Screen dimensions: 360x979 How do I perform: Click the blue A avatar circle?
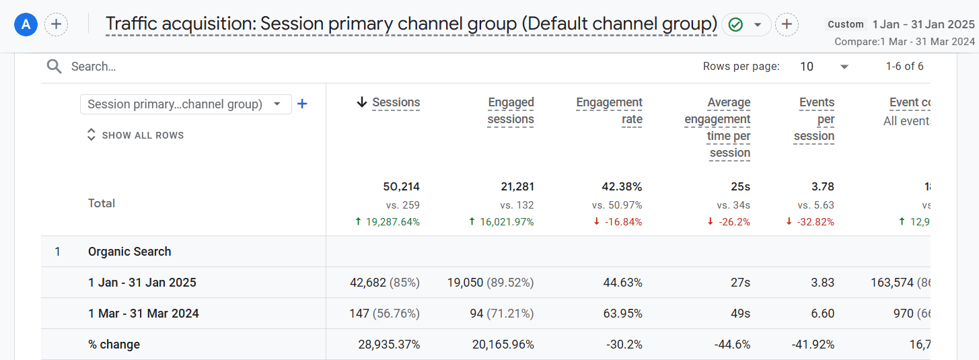click(x=26, y=25)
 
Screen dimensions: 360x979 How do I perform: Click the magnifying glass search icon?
click(x=55, y=67)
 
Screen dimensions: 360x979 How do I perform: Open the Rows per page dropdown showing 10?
click(x=824, y=67)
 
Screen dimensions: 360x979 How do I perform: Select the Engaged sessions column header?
click(x=511, y=111)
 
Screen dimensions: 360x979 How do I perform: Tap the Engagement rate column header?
click(x=609, y=111)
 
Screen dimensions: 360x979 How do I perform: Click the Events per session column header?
click(x=815, y=119)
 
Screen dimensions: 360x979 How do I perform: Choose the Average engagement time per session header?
click(x=719, y=128)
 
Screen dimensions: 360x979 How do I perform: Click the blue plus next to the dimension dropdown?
click(x=302, y=104)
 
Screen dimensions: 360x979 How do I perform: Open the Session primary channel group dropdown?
click(x=185, y=104)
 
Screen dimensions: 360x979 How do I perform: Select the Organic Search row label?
click(x=129, y=252)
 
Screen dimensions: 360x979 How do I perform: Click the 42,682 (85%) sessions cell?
click(x=384, y=283)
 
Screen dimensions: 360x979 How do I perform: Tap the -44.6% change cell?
click(x=732, y=345)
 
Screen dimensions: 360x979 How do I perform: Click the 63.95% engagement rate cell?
click(x=622, y=314)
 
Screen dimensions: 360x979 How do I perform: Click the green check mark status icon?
click(x=736, y=25)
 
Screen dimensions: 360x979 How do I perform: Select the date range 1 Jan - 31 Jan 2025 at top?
click(x=923, y=24)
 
